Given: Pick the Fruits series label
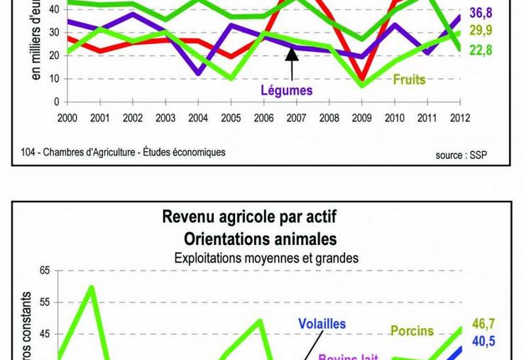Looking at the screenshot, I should click(x=409, y=79).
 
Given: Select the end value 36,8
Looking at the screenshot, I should click(x=481, y=13).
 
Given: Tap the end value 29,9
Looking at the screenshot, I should click(x=481, y=31).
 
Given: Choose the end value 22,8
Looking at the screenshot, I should click(x=481, y=50).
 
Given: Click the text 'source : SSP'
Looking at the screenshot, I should click(x=462, y=155).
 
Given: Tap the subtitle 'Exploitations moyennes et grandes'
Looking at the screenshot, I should click(x=266, y=258).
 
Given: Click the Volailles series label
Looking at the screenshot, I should click(x=322, y=324).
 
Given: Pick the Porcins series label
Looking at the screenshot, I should click(x=413, y=331).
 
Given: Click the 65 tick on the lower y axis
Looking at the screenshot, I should click(x=45, y=271).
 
